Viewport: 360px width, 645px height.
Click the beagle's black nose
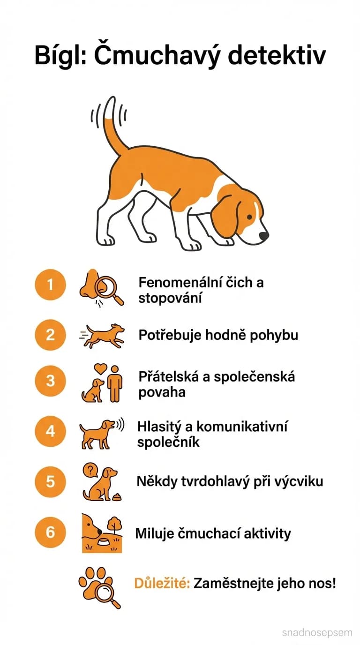point(264,236)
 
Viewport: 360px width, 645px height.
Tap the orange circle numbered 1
point(51,284)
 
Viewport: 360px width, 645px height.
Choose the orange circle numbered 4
point(51,431)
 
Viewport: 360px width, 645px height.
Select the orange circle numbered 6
point(51,532)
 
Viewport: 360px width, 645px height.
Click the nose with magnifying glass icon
point(100,286)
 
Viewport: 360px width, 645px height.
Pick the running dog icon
point(103,335)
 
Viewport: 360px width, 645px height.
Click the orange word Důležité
point(162,584)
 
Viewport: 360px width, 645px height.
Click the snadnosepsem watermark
point(317,632)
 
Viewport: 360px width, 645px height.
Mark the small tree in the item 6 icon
point(113,524)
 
